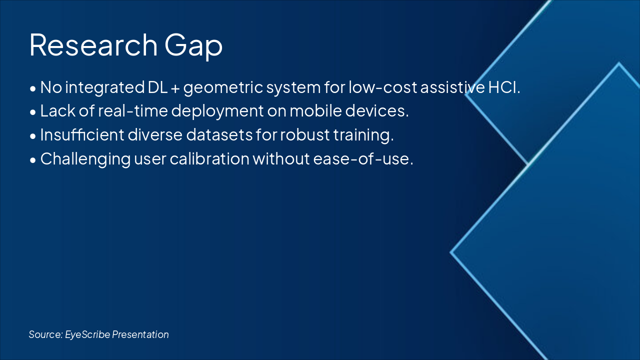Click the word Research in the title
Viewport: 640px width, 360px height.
(93, 45)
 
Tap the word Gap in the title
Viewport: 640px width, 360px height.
(193, 46)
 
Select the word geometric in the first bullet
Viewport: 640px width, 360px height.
(223, 88)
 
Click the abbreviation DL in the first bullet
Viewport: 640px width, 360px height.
(157, 87)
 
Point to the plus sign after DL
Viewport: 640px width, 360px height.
(175, 88)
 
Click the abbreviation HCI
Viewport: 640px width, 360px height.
(504, 87)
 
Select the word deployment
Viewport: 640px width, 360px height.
(217, 111)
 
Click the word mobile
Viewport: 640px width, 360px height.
(315, 111)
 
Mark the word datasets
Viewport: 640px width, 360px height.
(219, 134)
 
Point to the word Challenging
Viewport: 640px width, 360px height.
(85, 159)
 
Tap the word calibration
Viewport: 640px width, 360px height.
(209, 158)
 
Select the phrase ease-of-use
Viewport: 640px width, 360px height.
(363, 159)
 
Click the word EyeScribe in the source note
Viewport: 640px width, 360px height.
(87, 334)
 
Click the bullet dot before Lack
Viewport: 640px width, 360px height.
(33, 112)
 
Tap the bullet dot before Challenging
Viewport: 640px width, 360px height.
(33, 160)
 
